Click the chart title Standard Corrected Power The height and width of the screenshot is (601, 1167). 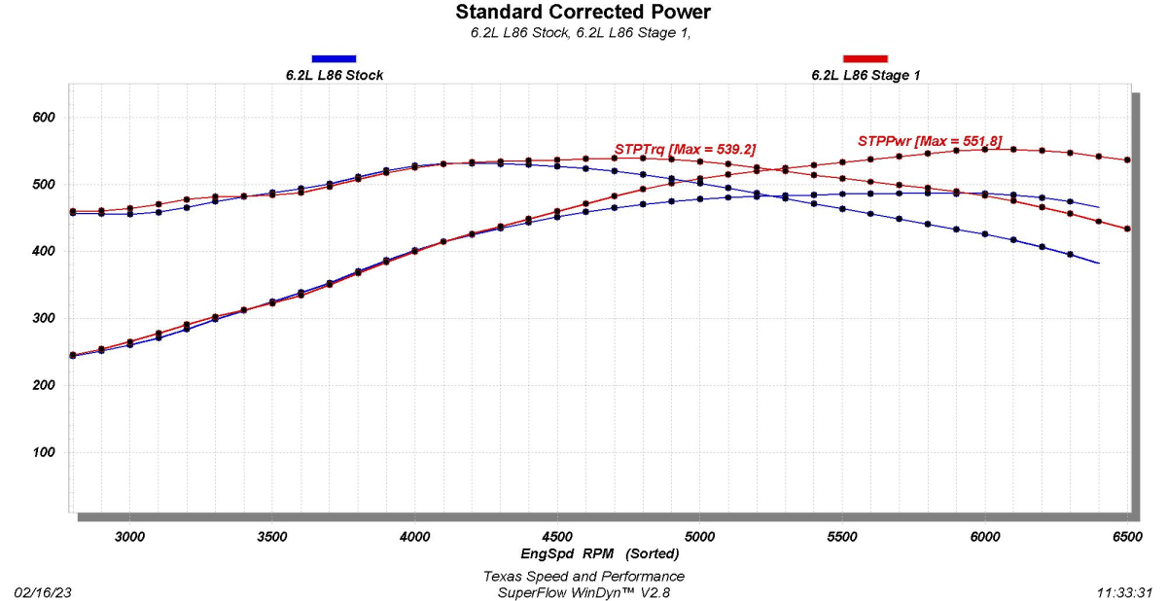pos(583,13)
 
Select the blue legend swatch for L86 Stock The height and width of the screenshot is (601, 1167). pos(334,59)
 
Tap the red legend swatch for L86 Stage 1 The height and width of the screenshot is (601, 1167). pos(866,59)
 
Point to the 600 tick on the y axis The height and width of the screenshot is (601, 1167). pos(45,118)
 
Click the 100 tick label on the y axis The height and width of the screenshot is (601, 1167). pos(45,453)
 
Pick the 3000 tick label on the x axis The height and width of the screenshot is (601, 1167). pos(129,536)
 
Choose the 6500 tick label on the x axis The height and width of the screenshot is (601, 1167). pos(1127,536)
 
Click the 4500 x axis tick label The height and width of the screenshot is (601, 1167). pos(557,536)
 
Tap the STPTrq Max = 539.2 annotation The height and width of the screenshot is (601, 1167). pos(685,149)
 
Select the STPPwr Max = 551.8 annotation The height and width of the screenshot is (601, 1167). pos(929,141)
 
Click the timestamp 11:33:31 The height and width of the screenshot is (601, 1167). pos(1125,591)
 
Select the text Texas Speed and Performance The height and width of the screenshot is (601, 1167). pos(583,576)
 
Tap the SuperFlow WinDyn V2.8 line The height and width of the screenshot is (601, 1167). pos(583,591)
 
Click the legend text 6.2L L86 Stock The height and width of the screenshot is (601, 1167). pos(334,75)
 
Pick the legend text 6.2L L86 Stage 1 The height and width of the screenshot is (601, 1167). pos(866,75)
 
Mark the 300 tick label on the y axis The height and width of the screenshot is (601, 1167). pos(45,319)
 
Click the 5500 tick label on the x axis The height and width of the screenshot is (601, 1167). pos(842,536)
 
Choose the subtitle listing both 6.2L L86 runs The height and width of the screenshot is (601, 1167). pos(583,32)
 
